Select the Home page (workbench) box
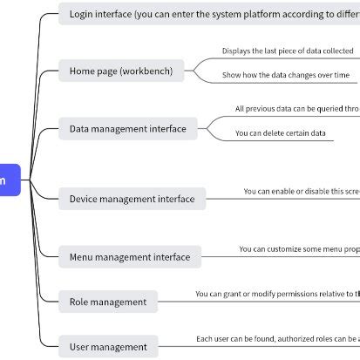pyautogui.click(x=121, y=71)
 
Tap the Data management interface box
pyautogui.click(x=127, y=129)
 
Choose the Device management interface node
pyautogui.click(x=132, y=199)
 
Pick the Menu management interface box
pyautogui.click(x=130, y=257)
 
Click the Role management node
pyautogui.click(x=108, y=302)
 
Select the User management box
pyautogui.click(x=108, y=347)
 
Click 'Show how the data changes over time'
pyautogui.click(x=285, y=76)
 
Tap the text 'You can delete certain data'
pyautogui.click(x=281, y=133)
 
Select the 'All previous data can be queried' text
pyautogui.click(x=296, y=109)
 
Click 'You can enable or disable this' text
pyautogui.click(x=301, y=191)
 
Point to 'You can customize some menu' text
pyautogui.click(x=299, y=249)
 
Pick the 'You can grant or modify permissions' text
pyautogui.click(x=277, y=294)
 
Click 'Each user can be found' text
pyautogui.click(x=277, y=338)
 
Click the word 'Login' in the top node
pyautogui.click(x=82, y=14)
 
